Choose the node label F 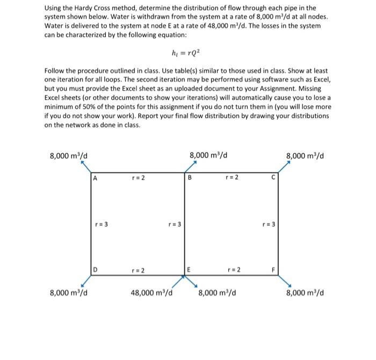pyautogui.click(x=273, y=268)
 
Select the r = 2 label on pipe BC pyautogui.click(x=233, y=177)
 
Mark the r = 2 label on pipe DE pyautogui.click(x=138, y=268)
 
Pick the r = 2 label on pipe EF pyautogui.click(x=233, y=268)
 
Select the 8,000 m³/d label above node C pyautogui.click(x=308, y=156)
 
